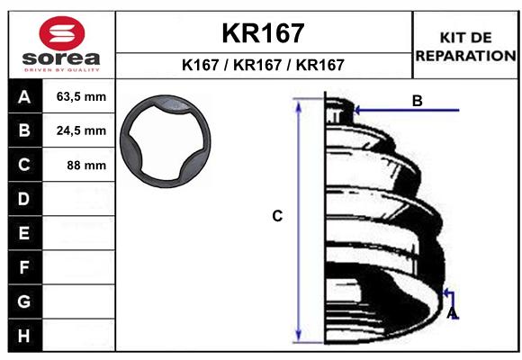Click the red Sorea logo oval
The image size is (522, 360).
(x=62, y=33)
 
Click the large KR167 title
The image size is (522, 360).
(x=263, y=33)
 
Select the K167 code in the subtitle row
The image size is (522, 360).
(x=201, y=65)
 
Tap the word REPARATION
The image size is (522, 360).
(x=465, y=56)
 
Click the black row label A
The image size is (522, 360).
(x=24, y=97)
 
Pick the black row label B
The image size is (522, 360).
(x=24, y=130)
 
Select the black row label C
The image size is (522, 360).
(x=24, y=165)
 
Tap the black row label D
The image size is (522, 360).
(x=24, y=199)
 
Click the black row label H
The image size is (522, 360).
(x=24, y=336)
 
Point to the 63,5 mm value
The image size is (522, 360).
(x=81, y=96)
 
